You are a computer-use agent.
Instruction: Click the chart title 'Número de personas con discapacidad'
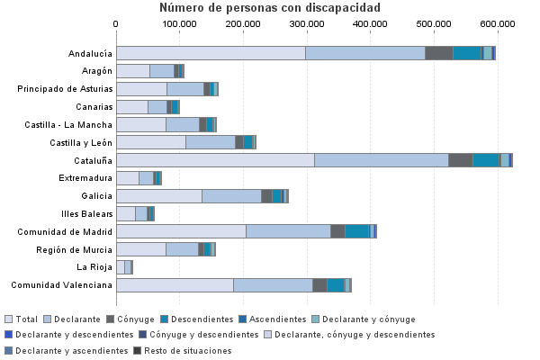click(x=270, y=8)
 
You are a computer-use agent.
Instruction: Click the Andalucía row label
click(x=91, y=54)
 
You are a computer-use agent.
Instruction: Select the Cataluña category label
click(x=94, y=160)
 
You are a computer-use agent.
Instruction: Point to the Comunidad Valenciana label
click(x=62, y=285)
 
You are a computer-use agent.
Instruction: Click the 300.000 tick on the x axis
click(x=307, y=22)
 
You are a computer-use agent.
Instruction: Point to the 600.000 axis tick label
click(x=498, y=22)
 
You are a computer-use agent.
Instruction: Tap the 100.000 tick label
click(x=180, y=22)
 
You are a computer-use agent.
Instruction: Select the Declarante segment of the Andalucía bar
click(x=364, y=53)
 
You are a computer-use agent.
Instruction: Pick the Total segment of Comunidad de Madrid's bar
click(x=181, y=231)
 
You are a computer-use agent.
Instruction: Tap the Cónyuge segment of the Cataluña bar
click(x=460, y=160)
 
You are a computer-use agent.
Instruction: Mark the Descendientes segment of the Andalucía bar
click(x=466, y=53)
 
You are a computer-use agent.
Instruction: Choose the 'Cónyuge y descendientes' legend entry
click(x=215, y=335)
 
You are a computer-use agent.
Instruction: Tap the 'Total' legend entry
click(x=22, y=319)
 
